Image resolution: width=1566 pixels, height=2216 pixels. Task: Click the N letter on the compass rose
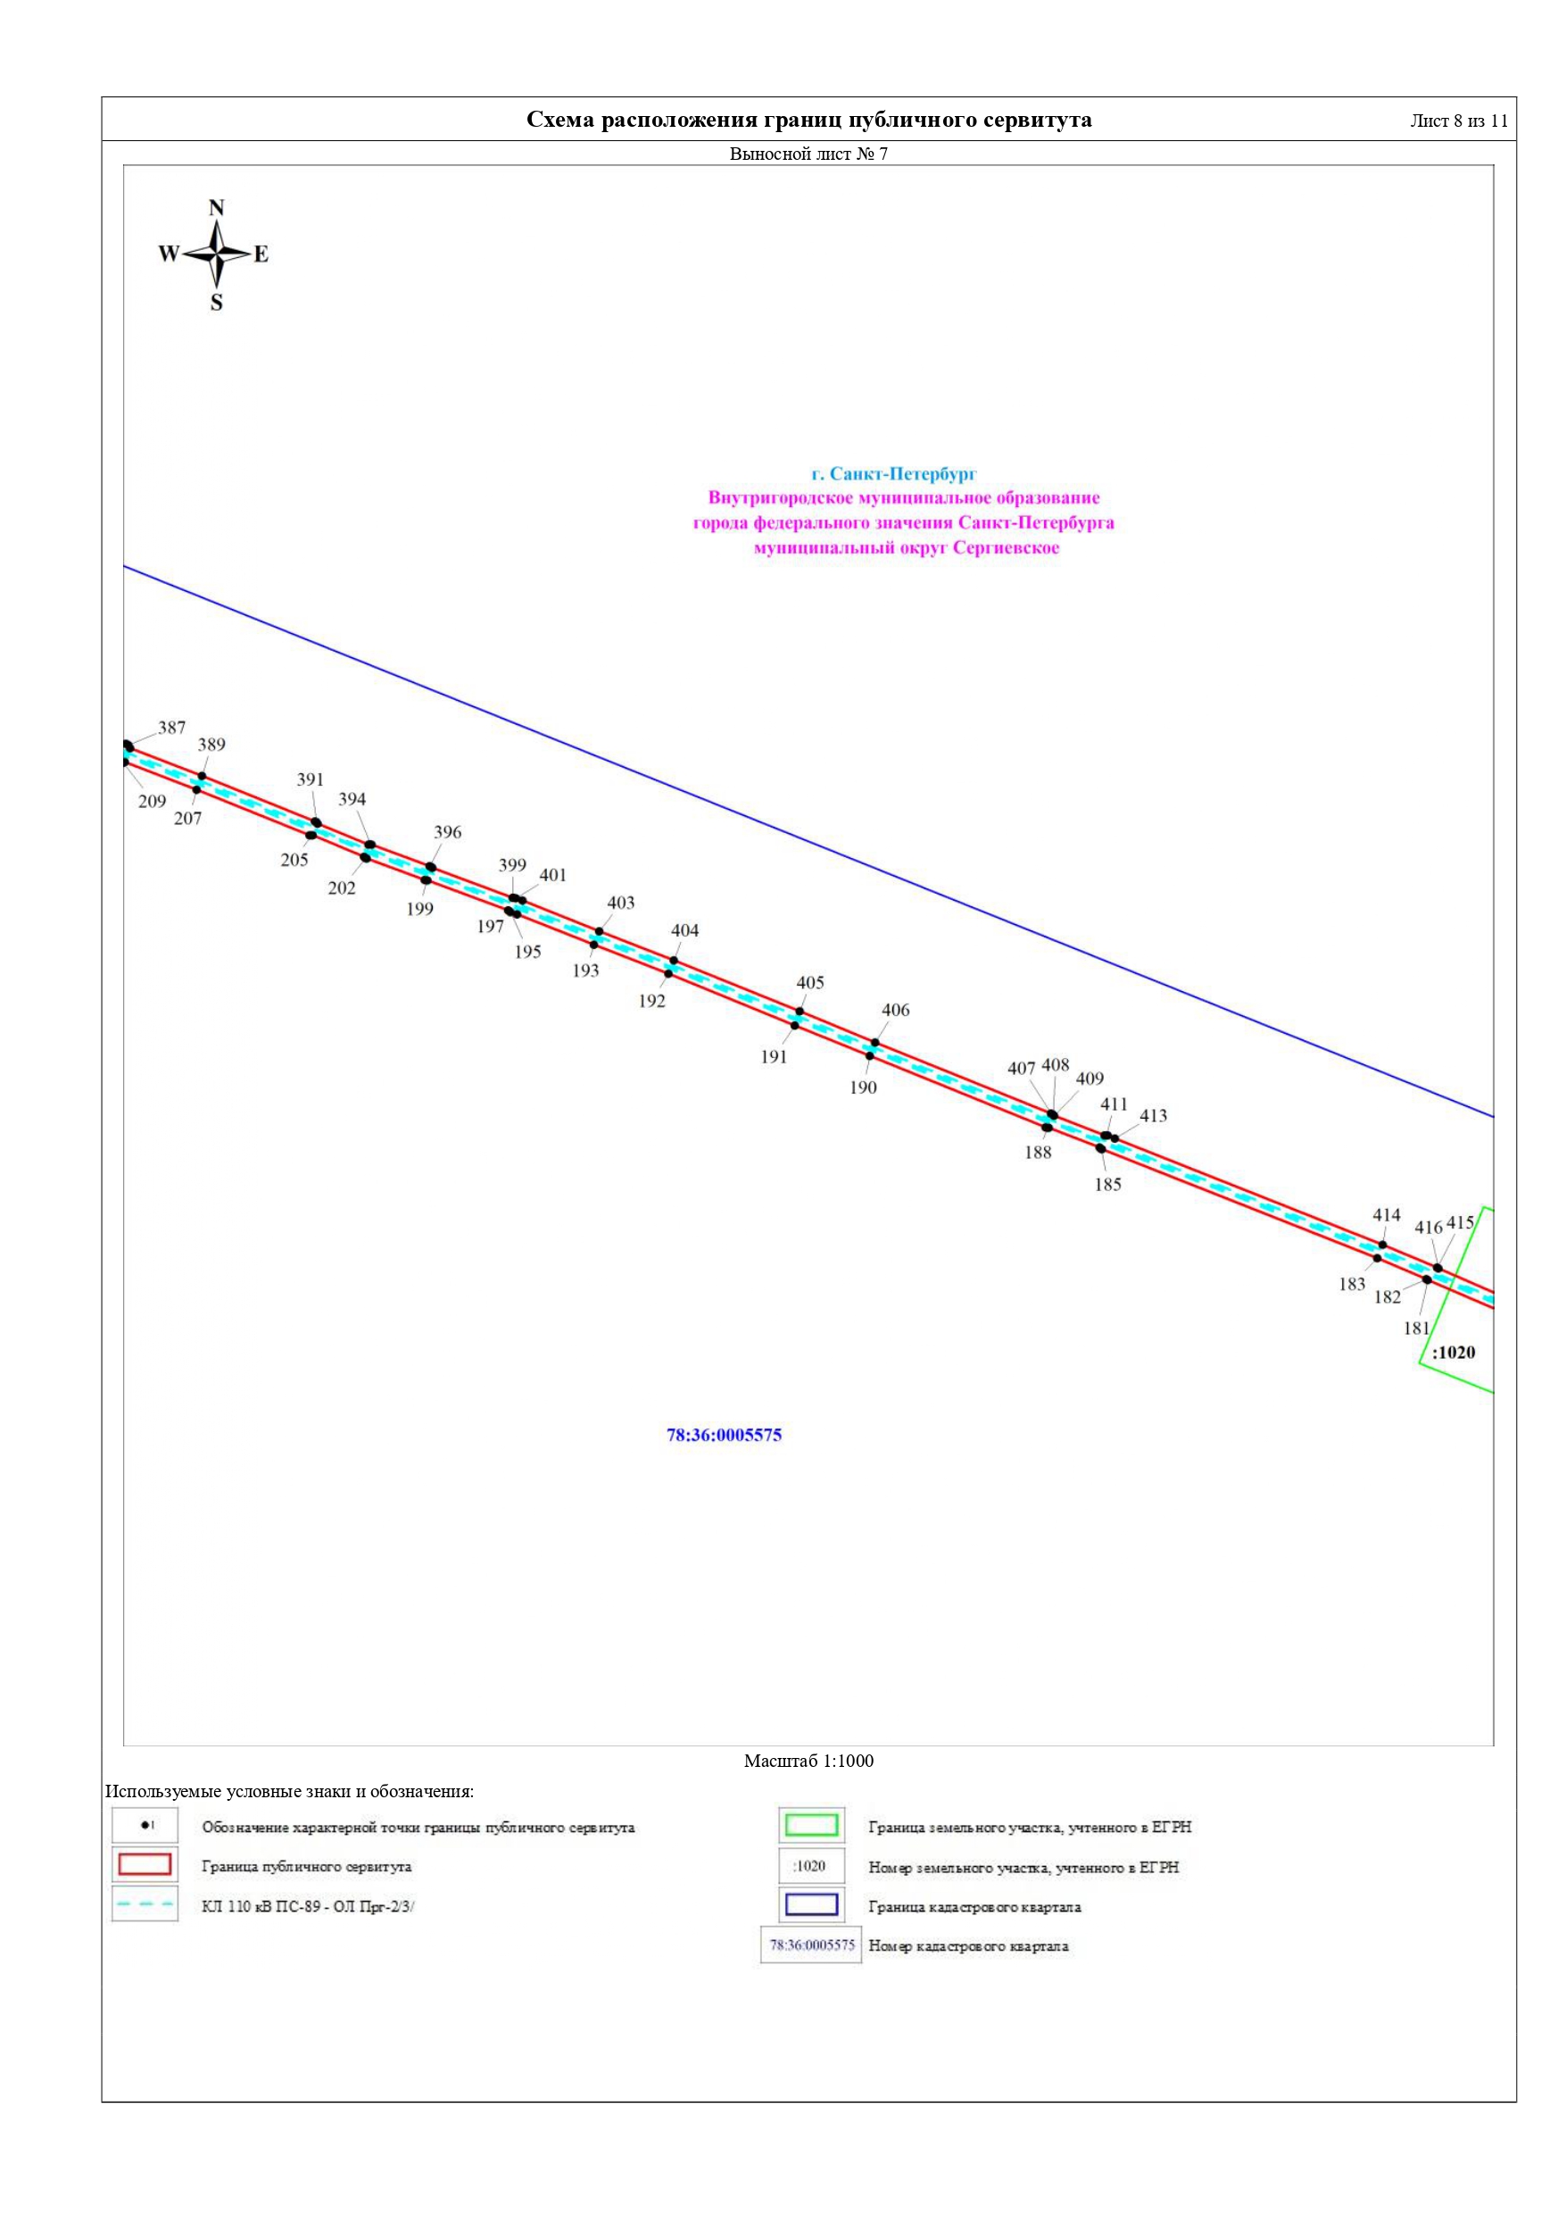tap(216, 207)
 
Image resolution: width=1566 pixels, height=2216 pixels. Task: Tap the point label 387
tap(171, 728)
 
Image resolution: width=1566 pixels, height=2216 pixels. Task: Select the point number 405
tap(810, 982)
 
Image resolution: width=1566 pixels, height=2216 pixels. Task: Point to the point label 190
tap(864, 1087)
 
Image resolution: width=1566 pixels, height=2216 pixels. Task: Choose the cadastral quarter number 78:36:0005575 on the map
tap(724, 1435)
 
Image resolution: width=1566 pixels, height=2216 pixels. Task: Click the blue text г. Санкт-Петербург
tap(894, 474)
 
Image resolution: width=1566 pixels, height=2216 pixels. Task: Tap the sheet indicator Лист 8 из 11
tap(1459, 121)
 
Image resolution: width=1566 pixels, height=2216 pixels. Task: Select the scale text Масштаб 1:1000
tap(808, 1761)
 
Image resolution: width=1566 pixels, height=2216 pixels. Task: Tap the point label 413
tap(1153, 1116)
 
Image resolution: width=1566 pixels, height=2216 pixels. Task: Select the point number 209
tap(153, 801)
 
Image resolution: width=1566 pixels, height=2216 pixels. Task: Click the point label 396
tap(448, 832)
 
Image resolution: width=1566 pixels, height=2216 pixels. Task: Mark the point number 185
tap(1107, 1184)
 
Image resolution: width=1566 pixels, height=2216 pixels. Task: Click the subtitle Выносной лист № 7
tap(808, 154)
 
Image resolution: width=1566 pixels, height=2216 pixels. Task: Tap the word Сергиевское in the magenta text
tap(1007, 548)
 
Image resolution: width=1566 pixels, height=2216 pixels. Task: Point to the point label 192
tap(652, 1002)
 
